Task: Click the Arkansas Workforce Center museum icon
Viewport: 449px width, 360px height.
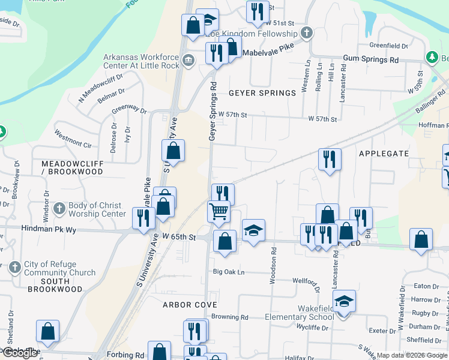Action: pyautogui.click(x=188, y=59)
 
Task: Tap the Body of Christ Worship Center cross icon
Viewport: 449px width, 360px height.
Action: pyautogui.click(x=59, y=209)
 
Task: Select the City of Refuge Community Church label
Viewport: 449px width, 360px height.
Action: pyautogui.click(x=59, y=269)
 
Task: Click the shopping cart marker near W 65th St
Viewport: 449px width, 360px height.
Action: pyautogui.click(x=218, y=211)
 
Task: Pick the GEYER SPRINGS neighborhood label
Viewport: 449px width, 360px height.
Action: pyautogui.click(x=262, y=93)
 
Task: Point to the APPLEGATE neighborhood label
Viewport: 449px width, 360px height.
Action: pyautogui.click(x=384, y=154)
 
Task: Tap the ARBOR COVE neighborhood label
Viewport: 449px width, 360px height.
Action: pyautogui.click(x=190, y=305)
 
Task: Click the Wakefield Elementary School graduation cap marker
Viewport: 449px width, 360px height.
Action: pyautogui.click(x=344, y=301)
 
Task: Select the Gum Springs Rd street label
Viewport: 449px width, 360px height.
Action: pyautogui.click(x=371, y=60)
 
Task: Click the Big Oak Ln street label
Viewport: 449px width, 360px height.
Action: pyautogui.click(x=229, y=272)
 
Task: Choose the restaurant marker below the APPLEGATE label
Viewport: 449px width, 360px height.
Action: pyautogui.click(x=329, y=159)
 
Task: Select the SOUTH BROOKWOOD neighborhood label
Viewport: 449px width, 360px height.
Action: pyautogui.click(x=55, y=285)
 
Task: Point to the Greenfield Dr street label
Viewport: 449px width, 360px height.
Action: pyautogui.click(x=388, y=46)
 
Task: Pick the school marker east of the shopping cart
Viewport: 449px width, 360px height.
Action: pyautogui.click(x=253, y=230)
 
